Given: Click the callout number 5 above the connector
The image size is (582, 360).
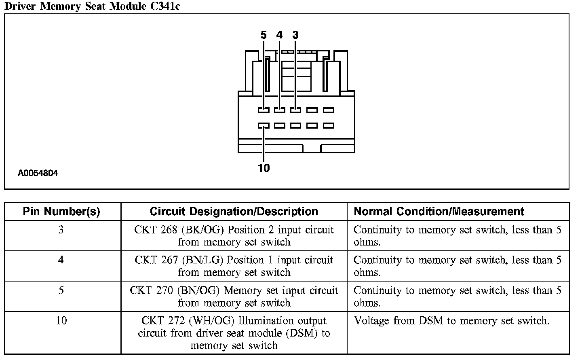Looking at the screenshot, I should pos(264,35).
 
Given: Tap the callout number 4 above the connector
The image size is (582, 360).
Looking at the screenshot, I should pos(279,35).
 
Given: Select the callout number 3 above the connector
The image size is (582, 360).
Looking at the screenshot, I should pos(295,35).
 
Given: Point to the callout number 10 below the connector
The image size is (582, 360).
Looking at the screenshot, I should pos(264,168).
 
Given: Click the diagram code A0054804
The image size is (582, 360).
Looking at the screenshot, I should pos(38,173).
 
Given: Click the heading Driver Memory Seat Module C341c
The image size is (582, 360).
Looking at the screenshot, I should pos(92,6).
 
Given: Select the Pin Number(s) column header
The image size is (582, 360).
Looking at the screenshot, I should pos(61,212).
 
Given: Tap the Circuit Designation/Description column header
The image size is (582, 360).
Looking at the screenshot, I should pos(234,212).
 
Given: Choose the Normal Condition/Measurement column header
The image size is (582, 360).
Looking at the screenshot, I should pos(439,212).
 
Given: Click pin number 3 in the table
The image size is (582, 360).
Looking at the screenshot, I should pos(61,230).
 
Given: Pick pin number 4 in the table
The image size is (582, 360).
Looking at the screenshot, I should pos(61,260).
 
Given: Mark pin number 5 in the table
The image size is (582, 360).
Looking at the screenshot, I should pos(61,290).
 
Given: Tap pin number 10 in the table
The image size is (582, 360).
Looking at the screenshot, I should pos(61,321).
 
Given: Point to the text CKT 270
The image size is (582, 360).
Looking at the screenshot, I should pos(151,290).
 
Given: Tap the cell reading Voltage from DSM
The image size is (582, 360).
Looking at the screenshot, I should pos(451,321).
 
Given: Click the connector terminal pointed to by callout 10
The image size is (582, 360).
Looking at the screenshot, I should pos(264,126).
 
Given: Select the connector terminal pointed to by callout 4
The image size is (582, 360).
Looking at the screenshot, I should pos(279,110).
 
